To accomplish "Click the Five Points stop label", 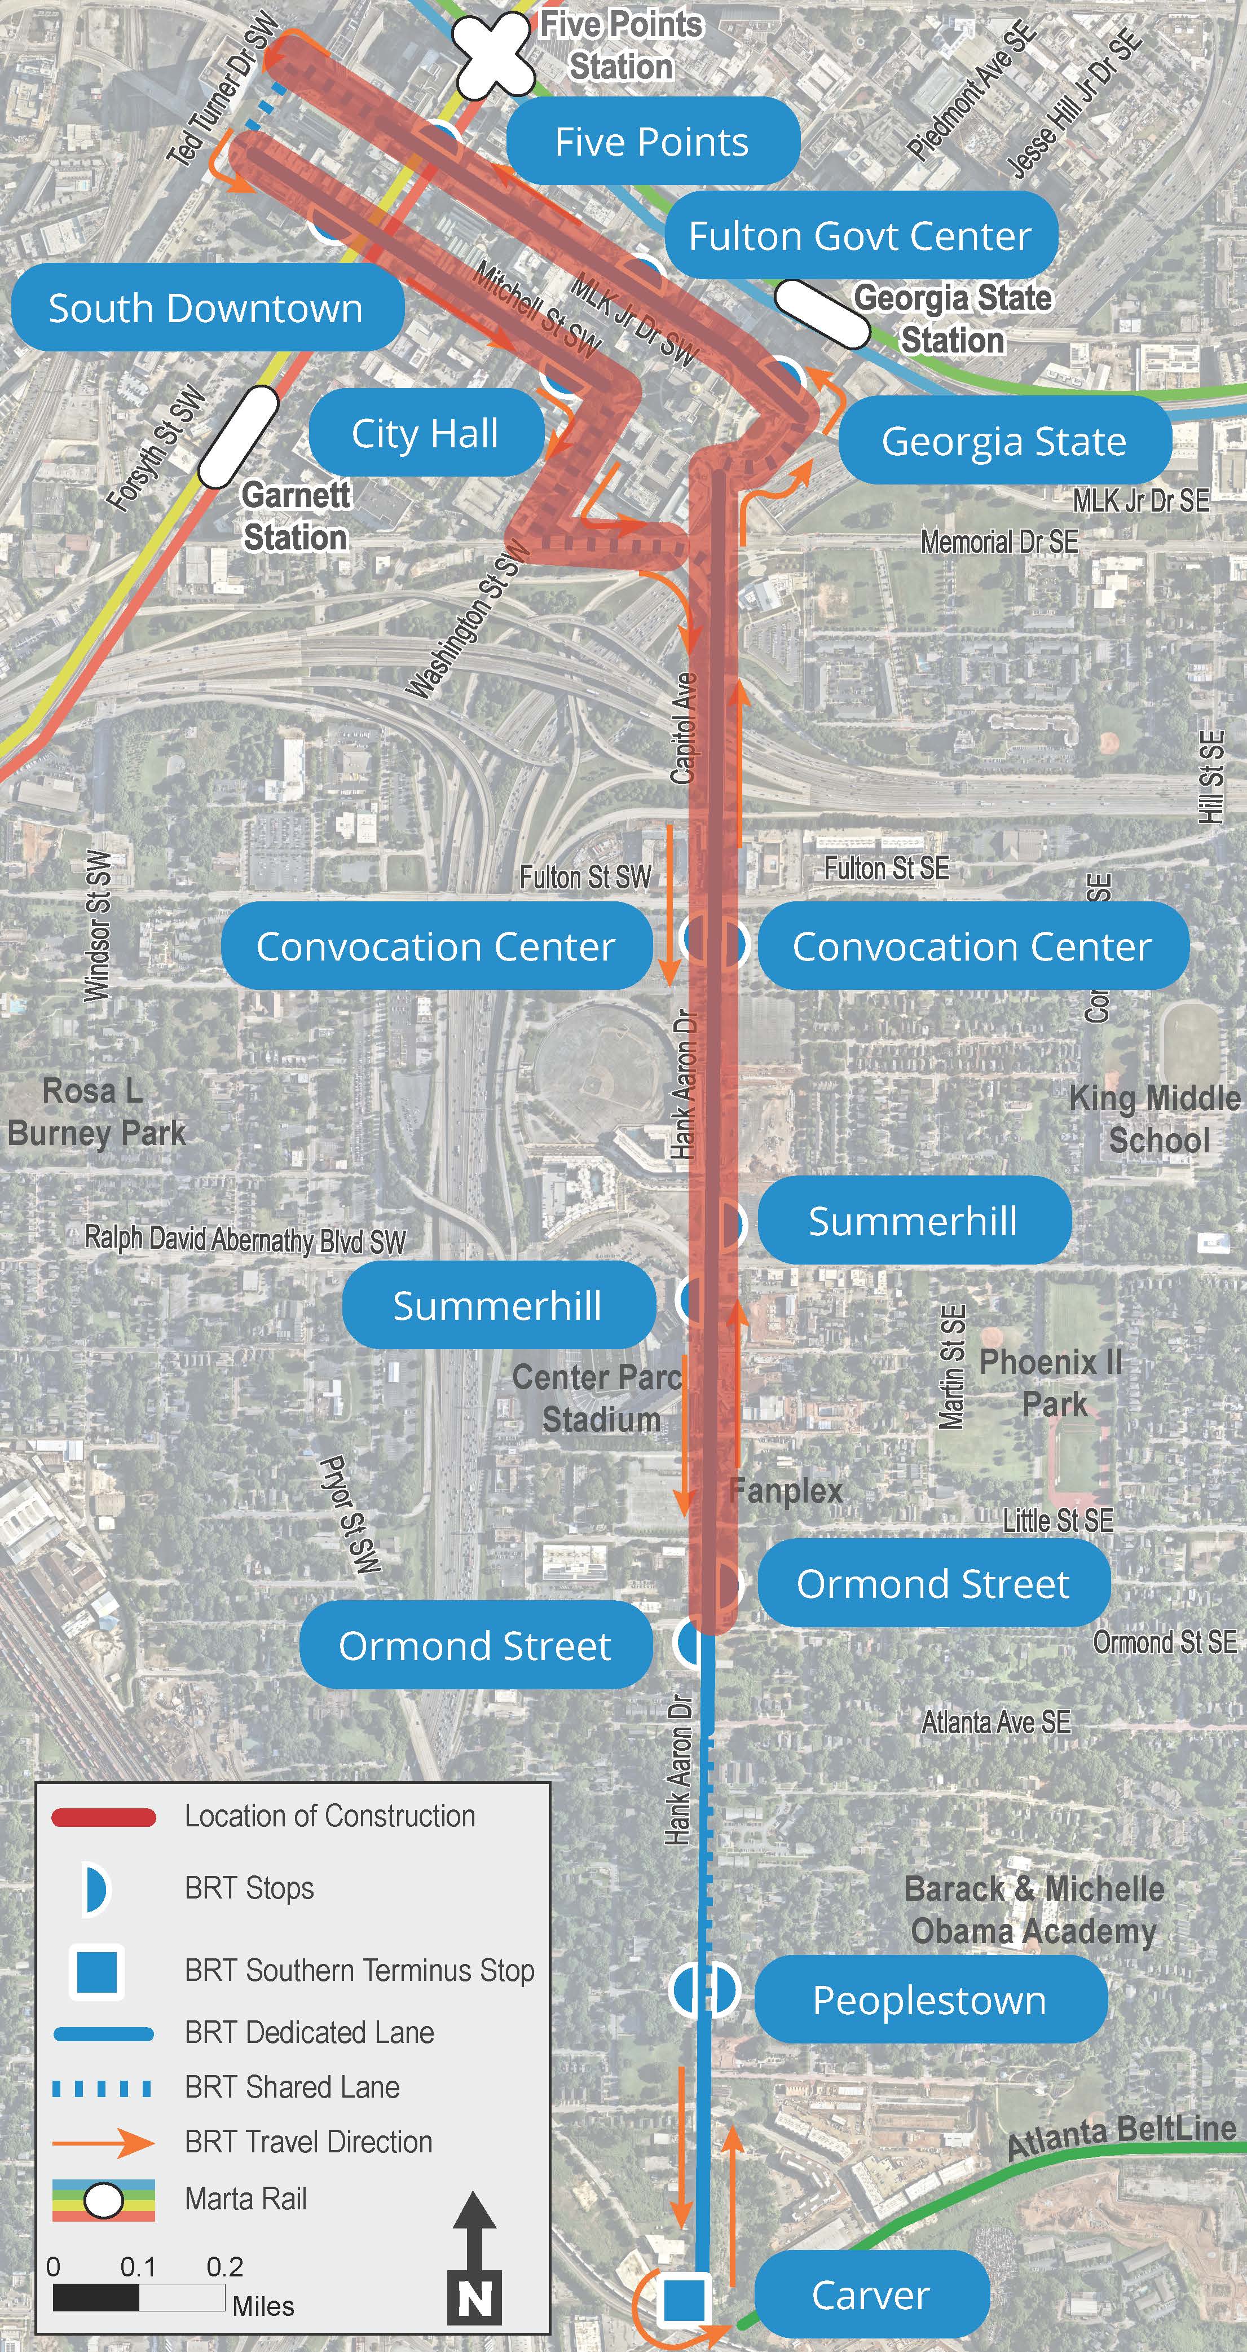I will coord(652,142).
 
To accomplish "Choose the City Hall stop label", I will coord(425,433).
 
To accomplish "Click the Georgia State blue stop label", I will coord(1003,441).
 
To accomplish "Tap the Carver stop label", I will coord(871,2294).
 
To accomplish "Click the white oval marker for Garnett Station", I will coord(237,437).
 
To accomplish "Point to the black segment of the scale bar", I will coord(96,2297).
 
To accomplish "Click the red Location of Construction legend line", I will coord(103,1817).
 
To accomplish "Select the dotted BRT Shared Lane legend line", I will coord(103,2088).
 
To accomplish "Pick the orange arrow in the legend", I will coord(103,2143).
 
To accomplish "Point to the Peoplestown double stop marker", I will coord(704,1990).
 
